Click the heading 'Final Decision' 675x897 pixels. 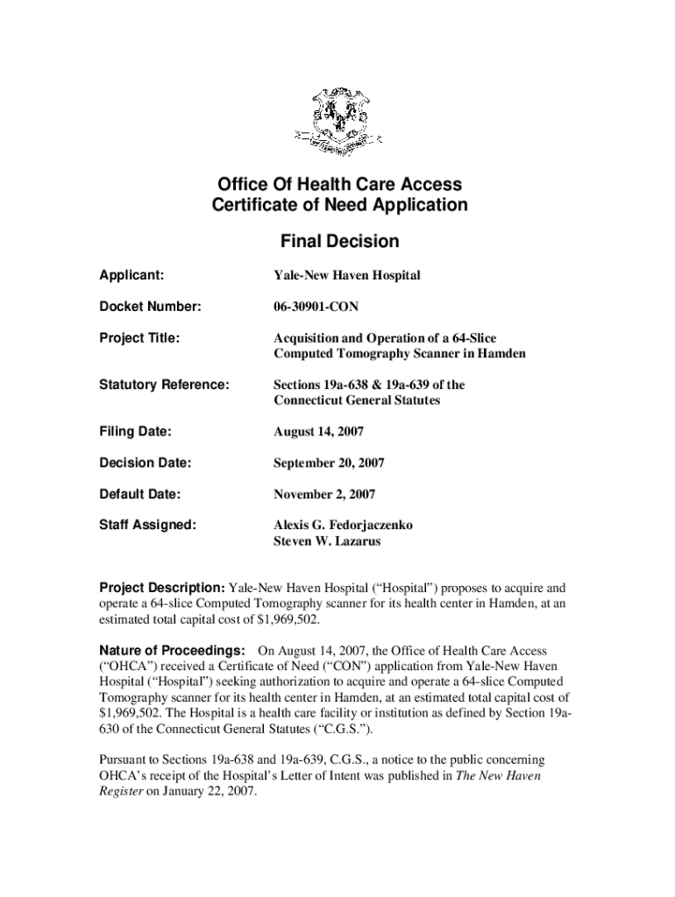pos(339,241)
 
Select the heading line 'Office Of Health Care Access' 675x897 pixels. pos(339,185)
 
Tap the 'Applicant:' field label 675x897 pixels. pos(130,275)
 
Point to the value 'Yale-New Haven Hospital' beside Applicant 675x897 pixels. pos(346,275)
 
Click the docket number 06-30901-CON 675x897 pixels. pos(316,307)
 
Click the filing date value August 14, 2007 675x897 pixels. pos(318,432)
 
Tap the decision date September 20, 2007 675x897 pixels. pos(329,463)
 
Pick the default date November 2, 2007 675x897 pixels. pos(323,494)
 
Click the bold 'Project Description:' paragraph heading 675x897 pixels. pos(161,586)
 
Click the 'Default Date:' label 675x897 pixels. pos(139,494)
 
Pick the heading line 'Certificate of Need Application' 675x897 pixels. pos(339,206)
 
